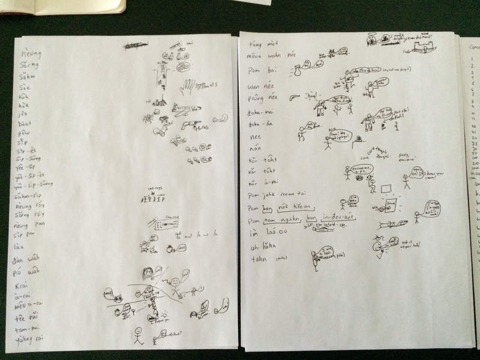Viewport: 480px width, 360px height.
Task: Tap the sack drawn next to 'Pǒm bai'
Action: click(x=296, y=71)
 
